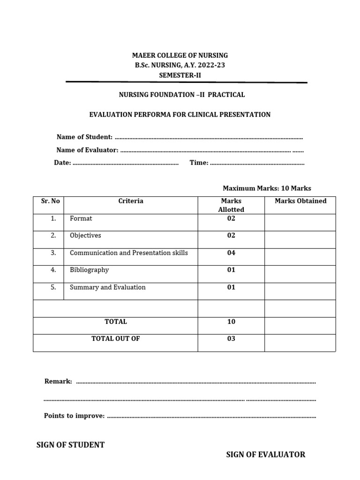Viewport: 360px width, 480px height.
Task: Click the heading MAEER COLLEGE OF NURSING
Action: coord(180,55)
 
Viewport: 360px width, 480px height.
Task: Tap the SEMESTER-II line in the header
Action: coord(180,75)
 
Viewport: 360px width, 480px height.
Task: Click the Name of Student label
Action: coord(84,137)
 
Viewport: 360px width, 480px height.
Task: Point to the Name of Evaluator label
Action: coord(87,150)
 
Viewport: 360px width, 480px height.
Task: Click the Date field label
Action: coord(62,163)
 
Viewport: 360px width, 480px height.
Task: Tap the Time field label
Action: coord(199,163)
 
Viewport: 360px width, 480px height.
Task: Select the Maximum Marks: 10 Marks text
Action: coord(267,188)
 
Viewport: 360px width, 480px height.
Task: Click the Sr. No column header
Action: coord(50,201)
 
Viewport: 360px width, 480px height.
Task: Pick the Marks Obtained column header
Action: coord(300,201)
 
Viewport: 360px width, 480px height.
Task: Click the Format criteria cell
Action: coord(81,218)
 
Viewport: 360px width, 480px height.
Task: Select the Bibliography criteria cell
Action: coord(89,270)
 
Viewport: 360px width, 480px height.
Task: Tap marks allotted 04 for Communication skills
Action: coord(231,253)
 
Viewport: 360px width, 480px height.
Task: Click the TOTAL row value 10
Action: coord(231,322)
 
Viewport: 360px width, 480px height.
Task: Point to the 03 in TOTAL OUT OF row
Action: coord(231,339)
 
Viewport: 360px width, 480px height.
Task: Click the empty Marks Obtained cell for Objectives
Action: coord(300,240)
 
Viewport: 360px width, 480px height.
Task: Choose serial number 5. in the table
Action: coord(53,287)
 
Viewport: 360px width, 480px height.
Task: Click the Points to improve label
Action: coord(74,416)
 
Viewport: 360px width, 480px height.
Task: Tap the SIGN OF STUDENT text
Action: coord(70,445)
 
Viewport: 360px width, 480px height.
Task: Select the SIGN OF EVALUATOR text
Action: coord(265,454)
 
